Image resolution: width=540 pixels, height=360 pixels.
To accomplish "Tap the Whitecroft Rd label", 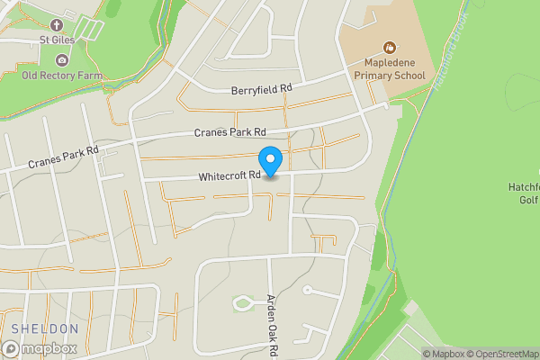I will click(229, 175).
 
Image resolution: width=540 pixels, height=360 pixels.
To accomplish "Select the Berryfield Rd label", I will click(262, 89).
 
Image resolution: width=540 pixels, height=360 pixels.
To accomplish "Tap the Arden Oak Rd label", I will click(270, 326).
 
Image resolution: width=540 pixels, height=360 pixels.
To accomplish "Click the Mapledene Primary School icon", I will click(389, 46).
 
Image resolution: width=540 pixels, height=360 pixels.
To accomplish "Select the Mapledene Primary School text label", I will click(394, 69).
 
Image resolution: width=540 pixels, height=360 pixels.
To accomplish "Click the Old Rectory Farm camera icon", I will click(61, 60).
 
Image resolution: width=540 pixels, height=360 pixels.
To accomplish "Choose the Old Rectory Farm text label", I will click(61, 76).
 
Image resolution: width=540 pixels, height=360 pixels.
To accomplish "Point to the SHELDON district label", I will click(45, 328).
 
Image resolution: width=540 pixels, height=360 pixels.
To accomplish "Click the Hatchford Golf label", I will click(523, 193).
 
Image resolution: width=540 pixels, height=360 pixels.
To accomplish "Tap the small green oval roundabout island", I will click(243, 303).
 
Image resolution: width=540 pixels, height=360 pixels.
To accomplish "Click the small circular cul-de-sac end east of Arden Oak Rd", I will click(307, 290).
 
